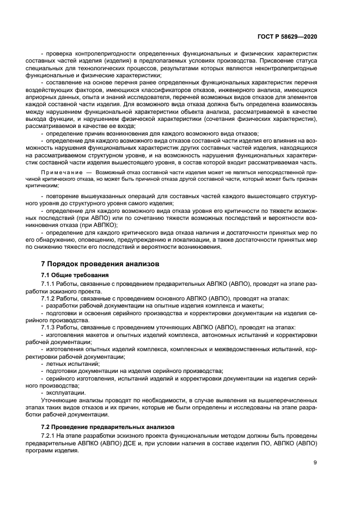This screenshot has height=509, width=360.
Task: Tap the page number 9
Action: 315,463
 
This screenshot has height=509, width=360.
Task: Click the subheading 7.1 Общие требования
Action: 75,275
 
